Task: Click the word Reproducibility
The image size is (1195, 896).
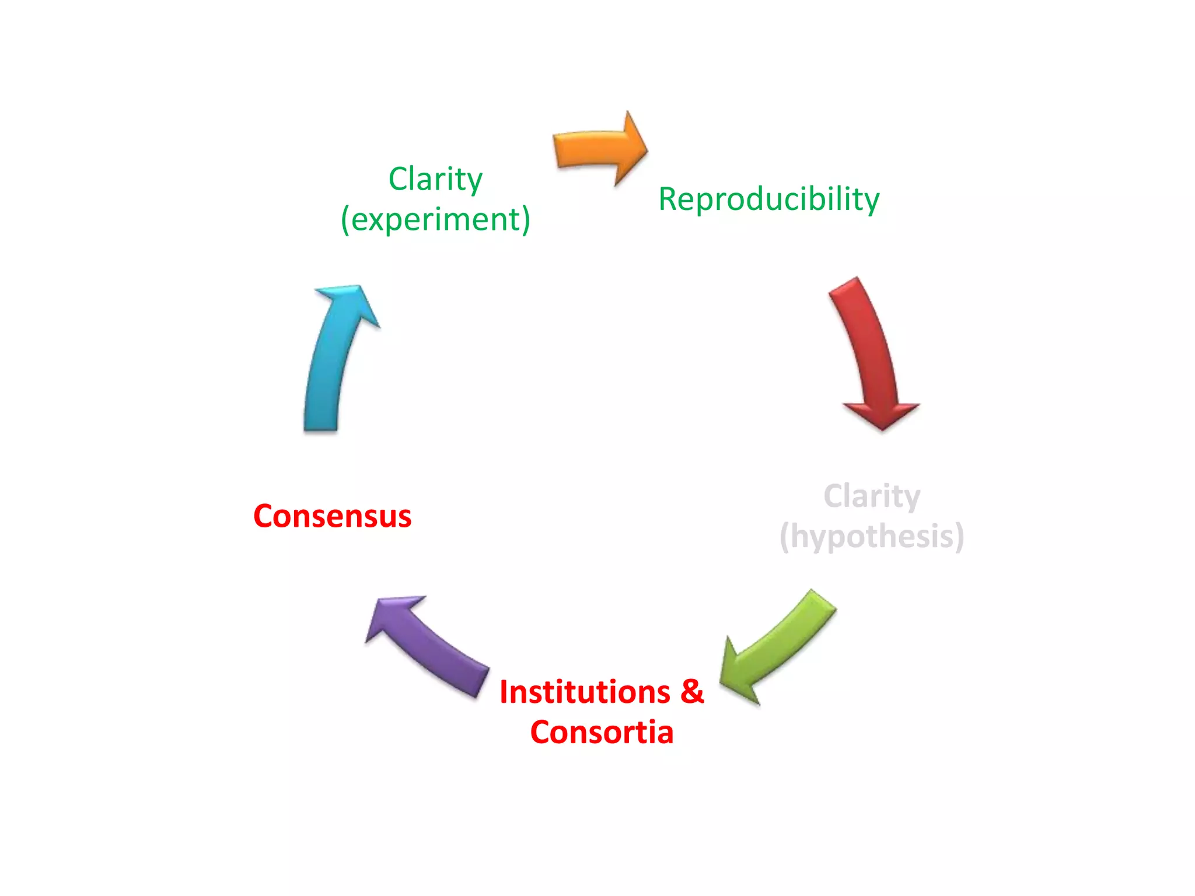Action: pyautogui.click(x=768, y=199)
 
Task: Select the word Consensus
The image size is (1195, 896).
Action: pyautogui.click(x=332, y=516)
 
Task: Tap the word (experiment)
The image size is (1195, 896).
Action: pyautogui.click(x=435, y=219)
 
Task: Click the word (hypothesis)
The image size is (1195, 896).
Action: pyautogui.click(x=872, y=537)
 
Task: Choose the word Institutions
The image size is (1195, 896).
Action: pyautogui.click(x=585, y=692)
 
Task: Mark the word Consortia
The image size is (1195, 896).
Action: pyautogui.click(x=602, y=732)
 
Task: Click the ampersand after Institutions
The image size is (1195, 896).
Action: pyautogui.click(x=692, y=692)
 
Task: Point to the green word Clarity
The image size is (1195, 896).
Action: pyautogui.click(x=435, y=178)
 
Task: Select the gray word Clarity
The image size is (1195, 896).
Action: pyautogui.click(x=872, y=496)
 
